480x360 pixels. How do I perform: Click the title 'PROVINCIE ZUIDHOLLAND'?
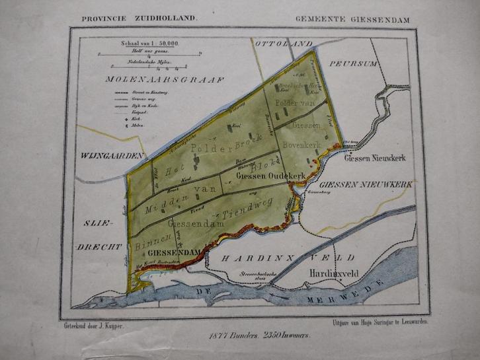(139, 18)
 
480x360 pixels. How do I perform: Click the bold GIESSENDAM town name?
(175, 253)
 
